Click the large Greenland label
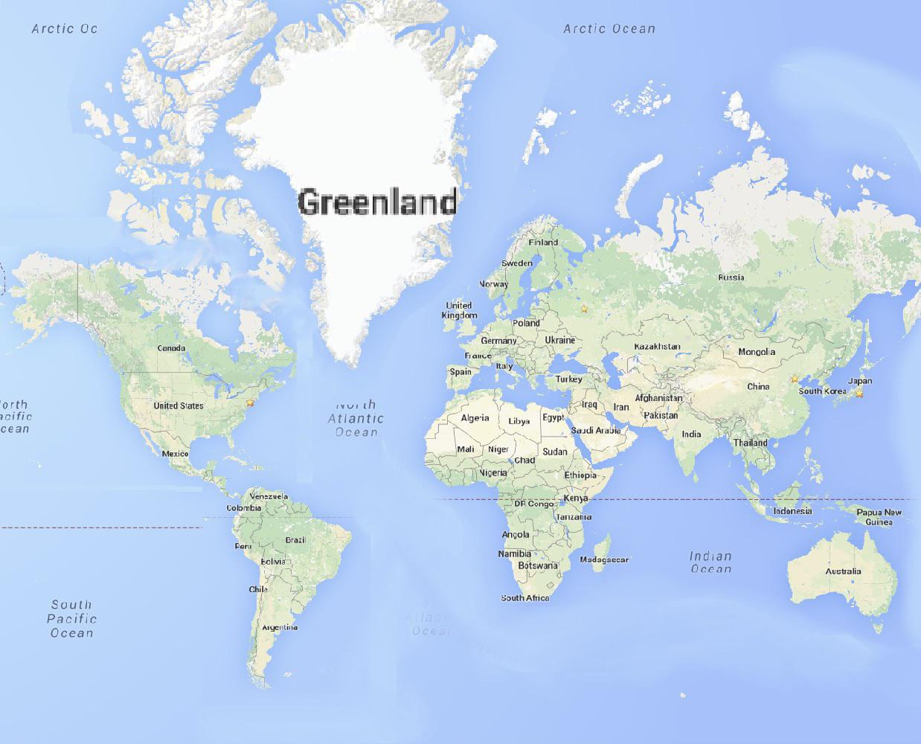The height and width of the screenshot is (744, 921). (x=377, y=202)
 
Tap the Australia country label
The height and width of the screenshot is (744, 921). (x=843, y=571)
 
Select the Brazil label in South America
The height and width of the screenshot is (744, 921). (x=295, y=540)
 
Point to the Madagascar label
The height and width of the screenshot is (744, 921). (x=604, y=559)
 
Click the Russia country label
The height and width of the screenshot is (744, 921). (x=731, y=278)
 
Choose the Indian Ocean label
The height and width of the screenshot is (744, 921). (x=710, y=562)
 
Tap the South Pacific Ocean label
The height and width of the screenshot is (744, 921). (x=71, y=619)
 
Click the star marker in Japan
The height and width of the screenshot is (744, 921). (x=860, y=393)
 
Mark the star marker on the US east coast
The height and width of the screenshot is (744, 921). (x=250, y=403)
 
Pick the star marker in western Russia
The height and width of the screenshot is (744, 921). (x=584, y=307)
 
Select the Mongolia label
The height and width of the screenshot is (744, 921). (x=756, y=352)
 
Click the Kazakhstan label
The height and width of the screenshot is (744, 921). (x=657, y=347)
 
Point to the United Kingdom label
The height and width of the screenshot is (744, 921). (x=459, y=310)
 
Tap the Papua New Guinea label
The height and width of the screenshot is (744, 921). (x=879, y=517)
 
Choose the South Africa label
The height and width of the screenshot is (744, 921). (x=524, y=598)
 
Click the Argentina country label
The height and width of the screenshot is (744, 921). (x=280, y=627)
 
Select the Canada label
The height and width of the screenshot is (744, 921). (x=171, y=348)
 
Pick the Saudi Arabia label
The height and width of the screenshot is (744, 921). (x=596, y=430)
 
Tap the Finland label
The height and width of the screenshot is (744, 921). (x=543, y=243)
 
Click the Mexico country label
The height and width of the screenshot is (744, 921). (x=175, y=454)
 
